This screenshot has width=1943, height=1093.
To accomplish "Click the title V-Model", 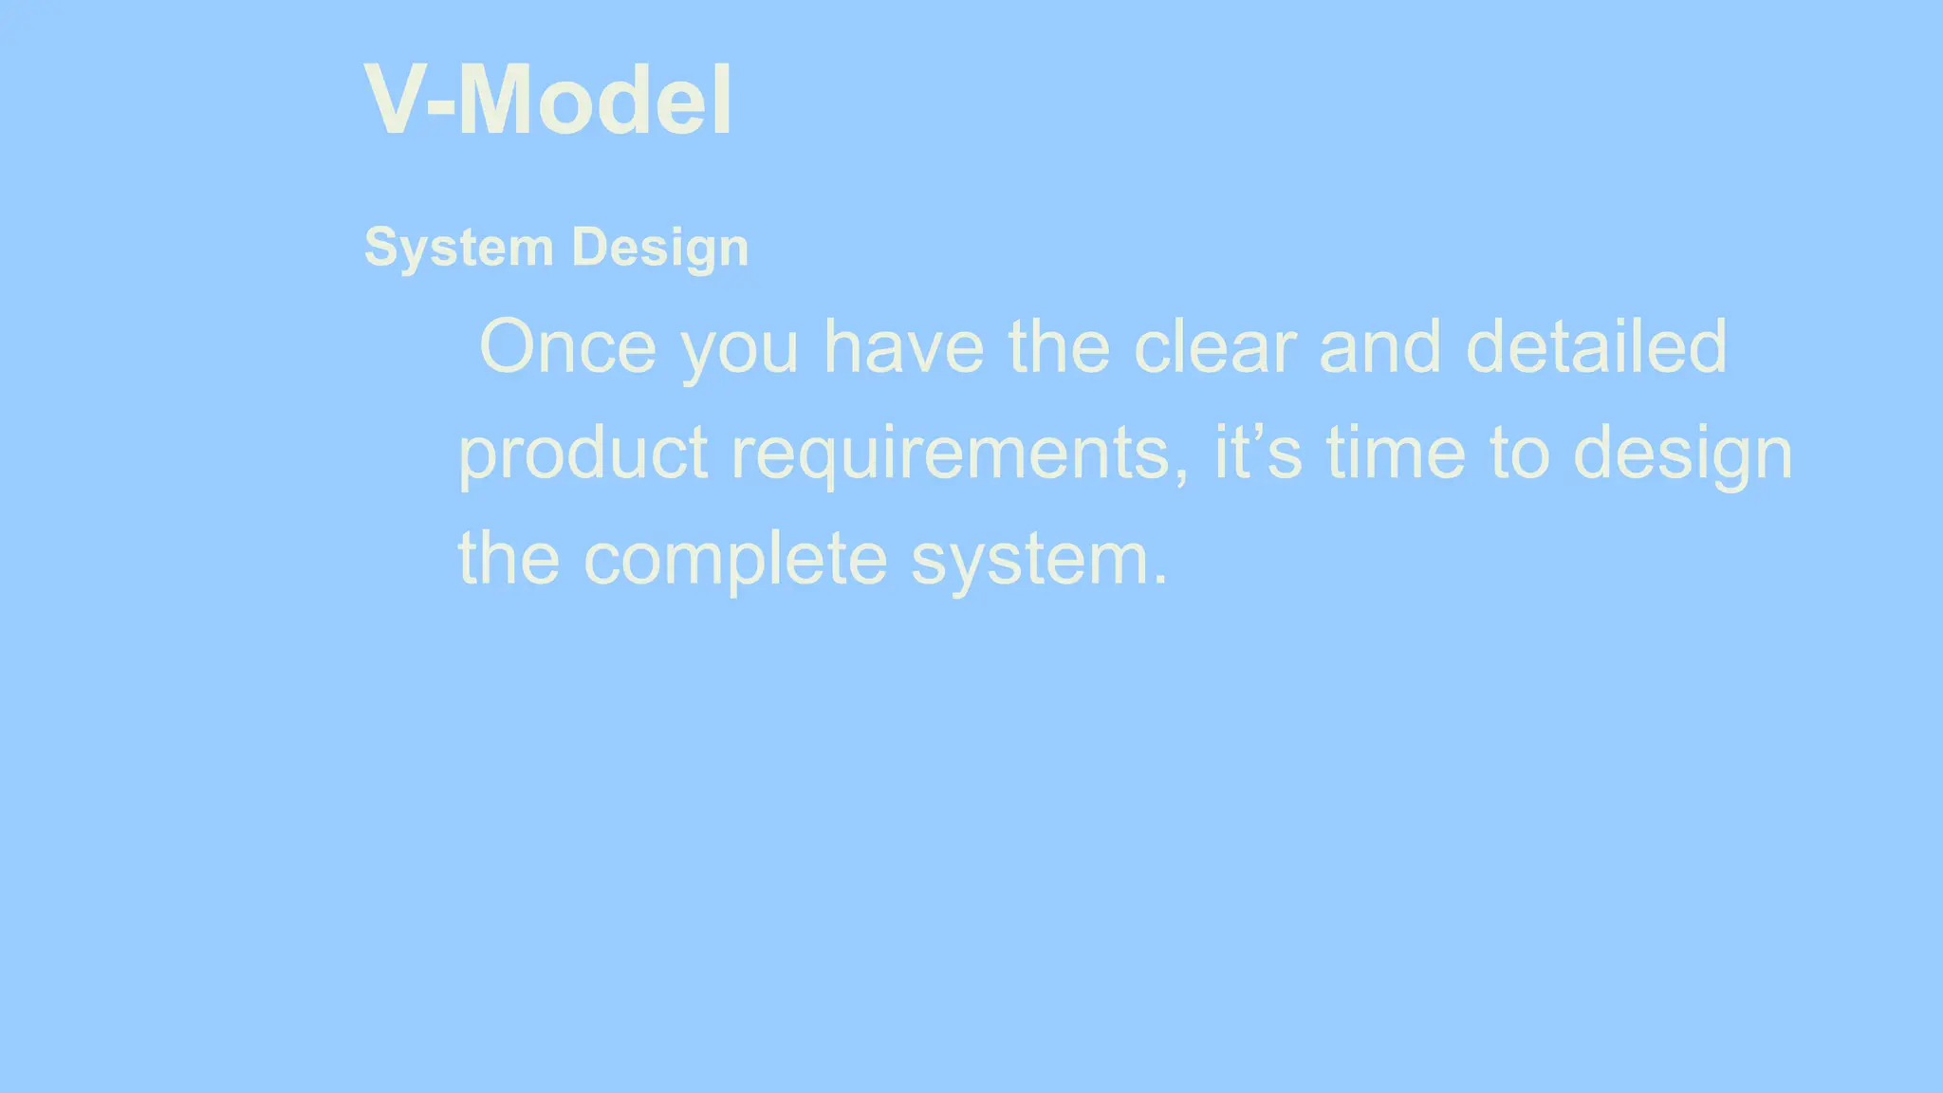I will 547,101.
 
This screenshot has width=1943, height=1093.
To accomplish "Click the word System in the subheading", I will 458,249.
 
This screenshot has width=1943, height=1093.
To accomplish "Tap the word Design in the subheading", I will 660,249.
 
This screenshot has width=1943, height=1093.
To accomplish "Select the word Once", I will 567,347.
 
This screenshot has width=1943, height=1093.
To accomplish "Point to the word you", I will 740,349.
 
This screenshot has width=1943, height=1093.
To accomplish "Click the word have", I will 903,347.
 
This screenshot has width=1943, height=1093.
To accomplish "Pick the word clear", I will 1214,347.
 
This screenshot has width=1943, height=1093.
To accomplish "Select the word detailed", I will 1596,347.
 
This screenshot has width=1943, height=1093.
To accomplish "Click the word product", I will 583,454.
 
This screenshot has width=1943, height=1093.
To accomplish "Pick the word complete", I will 735,560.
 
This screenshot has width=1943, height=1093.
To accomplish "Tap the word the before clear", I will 1059,347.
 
